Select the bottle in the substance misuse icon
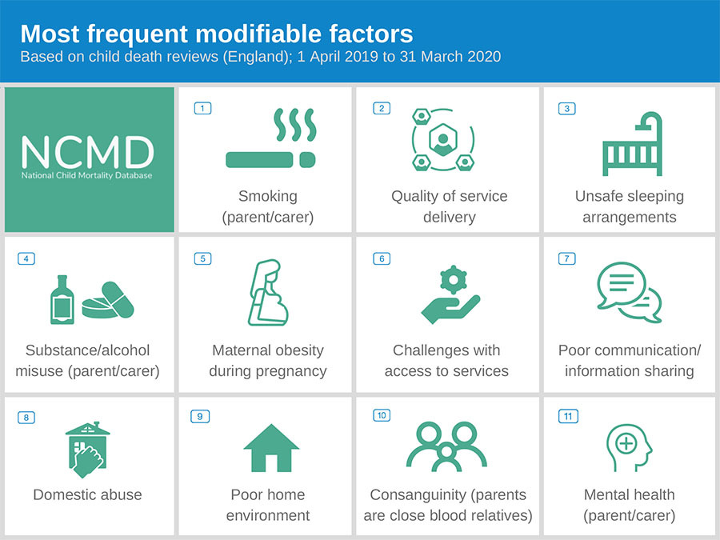point(62,300)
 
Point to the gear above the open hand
point(454,279)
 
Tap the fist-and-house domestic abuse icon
point(88,450)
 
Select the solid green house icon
point(271,449)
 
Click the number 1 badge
point(202,108)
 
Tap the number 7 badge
point(566,258)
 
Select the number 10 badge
point(382,415)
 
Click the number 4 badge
point(26,258)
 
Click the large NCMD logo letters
point(87,152)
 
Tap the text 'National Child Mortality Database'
point(86,175)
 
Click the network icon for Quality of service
point(442,140)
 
